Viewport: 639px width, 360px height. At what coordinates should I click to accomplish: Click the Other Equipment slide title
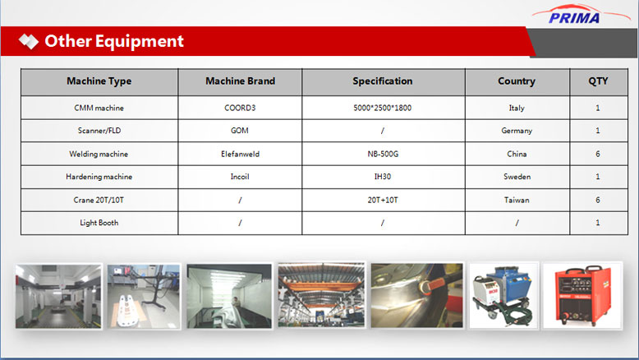114,41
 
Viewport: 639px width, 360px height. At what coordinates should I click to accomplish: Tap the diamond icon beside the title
29,41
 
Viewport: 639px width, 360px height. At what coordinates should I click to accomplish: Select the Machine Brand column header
240,81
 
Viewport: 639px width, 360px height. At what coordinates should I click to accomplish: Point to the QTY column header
598,81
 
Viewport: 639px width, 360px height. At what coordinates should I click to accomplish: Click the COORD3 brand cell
240,108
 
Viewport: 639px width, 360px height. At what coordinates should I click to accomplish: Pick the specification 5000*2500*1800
382,108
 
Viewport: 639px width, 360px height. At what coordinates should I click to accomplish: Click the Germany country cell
517,131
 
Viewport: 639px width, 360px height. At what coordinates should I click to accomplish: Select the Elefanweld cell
240,155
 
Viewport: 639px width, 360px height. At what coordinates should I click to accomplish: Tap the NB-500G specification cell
383,155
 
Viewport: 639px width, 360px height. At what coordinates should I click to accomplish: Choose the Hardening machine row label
99,177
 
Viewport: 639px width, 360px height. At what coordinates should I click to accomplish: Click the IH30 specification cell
382,177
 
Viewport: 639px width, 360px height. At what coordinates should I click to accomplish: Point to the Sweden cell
517,177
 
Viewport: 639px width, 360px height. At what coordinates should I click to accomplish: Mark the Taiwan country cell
517,201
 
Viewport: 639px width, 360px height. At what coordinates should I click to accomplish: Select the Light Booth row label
99,223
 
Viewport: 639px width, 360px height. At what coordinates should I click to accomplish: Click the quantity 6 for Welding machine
598,155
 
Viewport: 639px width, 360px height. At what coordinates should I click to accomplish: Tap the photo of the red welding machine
582,296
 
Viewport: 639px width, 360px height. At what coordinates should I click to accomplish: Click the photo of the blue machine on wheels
503,296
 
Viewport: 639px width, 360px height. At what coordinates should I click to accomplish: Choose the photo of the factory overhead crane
321,295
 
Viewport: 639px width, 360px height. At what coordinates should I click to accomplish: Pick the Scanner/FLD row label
99,131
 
